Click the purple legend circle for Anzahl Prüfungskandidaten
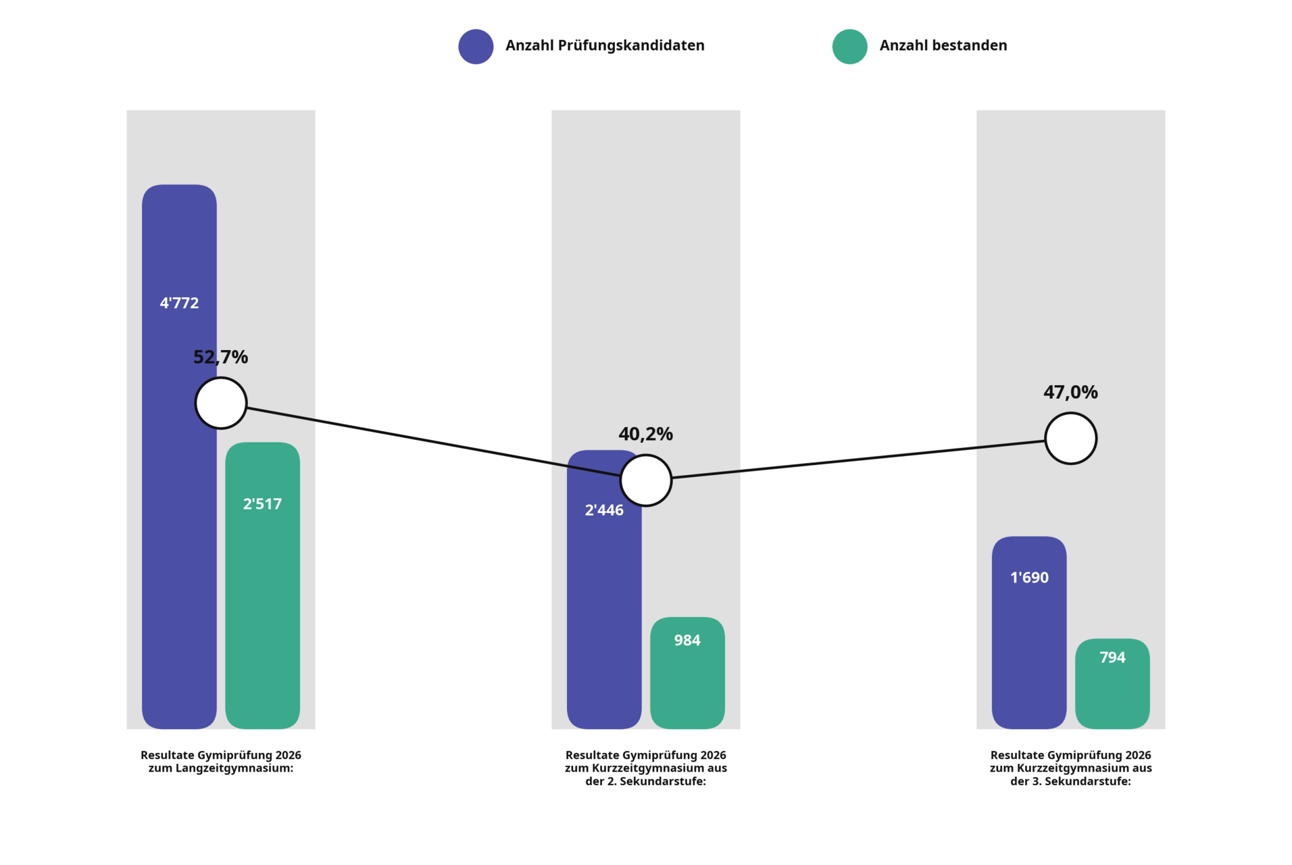[476, 47]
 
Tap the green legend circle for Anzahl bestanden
[849, 47]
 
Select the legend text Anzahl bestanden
[943, 45]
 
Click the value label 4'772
[179, 303]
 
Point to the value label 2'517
[262, 503]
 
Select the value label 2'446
[603, 510]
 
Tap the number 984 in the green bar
[687, 640]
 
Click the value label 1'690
[1029, 577]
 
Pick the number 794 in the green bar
[1112, 657]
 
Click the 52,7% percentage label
[220, 357]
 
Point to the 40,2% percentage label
[645, 434]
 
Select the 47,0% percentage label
[1070, 392]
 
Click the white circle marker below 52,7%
[221, 403]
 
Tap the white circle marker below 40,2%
[646, 480]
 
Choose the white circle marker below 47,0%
[1071, 439]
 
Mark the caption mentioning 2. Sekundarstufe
[646, 768]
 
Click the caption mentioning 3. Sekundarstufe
[1071, 768]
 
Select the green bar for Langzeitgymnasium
[262, 585]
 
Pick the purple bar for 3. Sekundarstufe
[1029, 633]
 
